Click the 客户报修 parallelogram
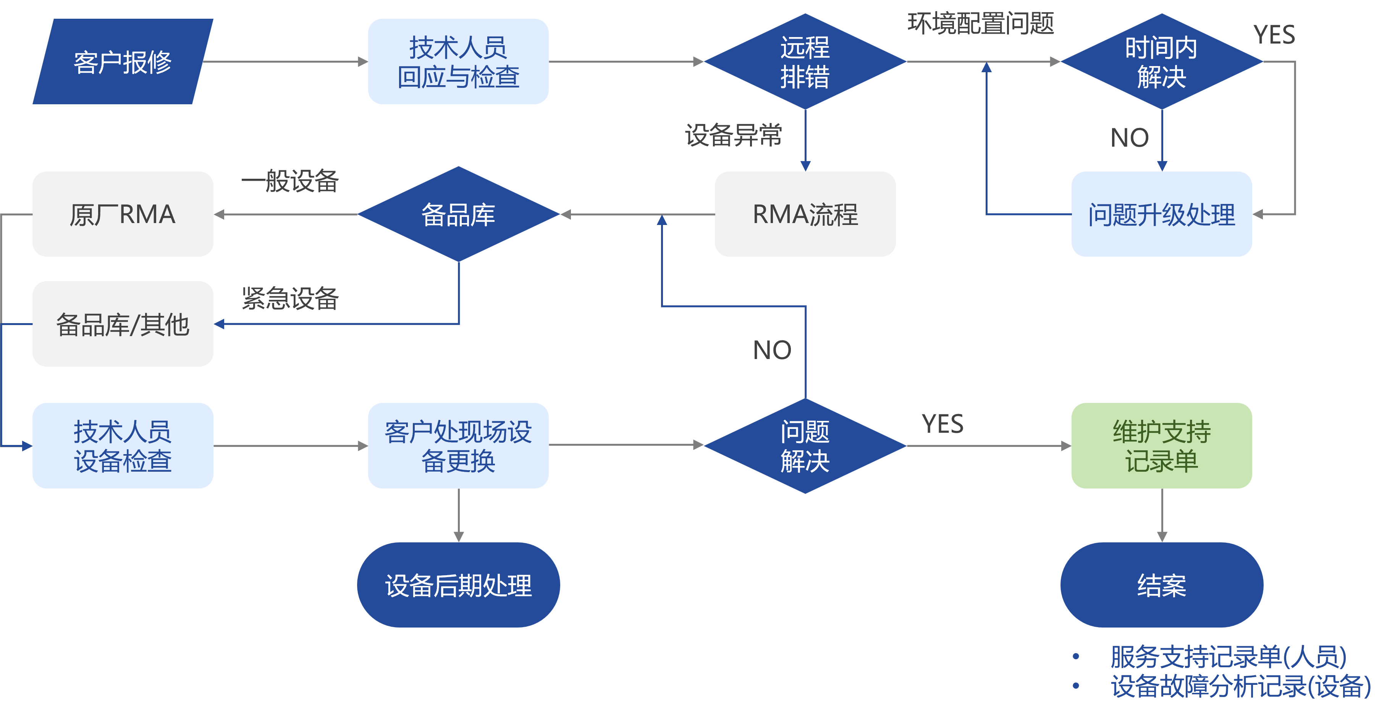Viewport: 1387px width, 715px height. (x=123, y=62)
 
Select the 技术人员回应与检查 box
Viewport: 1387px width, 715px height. (x=458, y=62)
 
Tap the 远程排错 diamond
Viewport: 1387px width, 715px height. (x=805, y=62)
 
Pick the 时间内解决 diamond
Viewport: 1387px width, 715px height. (x=1161, y=62)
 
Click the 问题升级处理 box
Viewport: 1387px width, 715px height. (x=1161, y=214)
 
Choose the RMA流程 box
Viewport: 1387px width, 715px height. (x=805, y=214)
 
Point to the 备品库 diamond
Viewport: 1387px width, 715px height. (x=458, y=214)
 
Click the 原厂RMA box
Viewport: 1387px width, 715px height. (x=123, y=214)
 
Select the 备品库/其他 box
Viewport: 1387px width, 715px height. (x=123, y=324)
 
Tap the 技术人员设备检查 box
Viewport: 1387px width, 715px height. (x=123, y=446)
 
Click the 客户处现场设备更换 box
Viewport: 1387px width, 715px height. (x=458, y=446)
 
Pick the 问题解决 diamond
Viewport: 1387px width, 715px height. (x=805, y=446)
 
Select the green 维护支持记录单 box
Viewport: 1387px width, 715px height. (x=1161, y=446)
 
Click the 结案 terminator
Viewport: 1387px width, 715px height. (x=1161, y=585)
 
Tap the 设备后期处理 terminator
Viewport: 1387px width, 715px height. (x=458, y=585)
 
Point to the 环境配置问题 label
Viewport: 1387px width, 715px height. (x=980, y=24)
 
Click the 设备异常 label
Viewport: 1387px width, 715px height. (x=733, y=135)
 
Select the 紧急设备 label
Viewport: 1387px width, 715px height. (x=290, y=298)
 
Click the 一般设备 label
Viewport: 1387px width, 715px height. (x=290, y=181)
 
